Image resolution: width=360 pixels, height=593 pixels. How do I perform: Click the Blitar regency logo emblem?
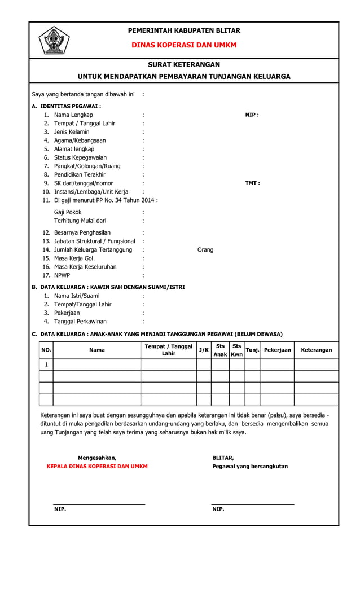pyautogui.click(x=54, y=41)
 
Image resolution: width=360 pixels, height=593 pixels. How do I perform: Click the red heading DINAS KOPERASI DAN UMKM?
pyautogui.click(x=184, y=45)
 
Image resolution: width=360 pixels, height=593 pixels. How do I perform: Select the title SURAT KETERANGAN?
pyautogui.click(x=184, y=65)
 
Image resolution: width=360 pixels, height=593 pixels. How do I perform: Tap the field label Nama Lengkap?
pyautogui.click(x=73, y=115)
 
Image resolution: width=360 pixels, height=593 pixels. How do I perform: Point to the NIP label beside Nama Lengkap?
pyautogui.click(x=252, y=115)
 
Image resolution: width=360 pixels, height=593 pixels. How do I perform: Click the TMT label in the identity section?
pyautogui.click(x=252, y=183)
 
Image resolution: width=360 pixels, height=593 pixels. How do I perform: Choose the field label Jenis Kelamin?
pyautogui.click(x=72, y=132)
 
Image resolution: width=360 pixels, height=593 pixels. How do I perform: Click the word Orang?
pyautogui.click(x=205, y=249)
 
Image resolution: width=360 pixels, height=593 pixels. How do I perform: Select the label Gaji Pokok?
pyautogui.click(x=68, y=212)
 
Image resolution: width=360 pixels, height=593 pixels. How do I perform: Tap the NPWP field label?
pyautogui.click(x=62, y=275)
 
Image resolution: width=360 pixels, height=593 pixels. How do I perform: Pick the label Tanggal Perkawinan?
pyautogui.click(x=80, y=321)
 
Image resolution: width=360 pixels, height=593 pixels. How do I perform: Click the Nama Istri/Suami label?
pyautogui.click(x=77, y=296)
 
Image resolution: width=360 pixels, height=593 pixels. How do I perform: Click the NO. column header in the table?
pyautogui.click(x=46, y=350)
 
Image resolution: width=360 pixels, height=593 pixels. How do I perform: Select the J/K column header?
pyautogui.click(x=204, y=350)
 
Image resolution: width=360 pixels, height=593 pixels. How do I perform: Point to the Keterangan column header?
pyautogui.click(x=316, y=350)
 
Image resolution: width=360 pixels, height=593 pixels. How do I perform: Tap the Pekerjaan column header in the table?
pyautogui.click(x=277, y=350)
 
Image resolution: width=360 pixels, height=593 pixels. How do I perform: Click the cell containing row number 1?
pyautogui.click(x=46, y=364)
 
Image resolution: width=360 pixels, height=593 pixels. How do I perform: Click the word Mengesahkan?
pyautogui.click(x=97, y=458)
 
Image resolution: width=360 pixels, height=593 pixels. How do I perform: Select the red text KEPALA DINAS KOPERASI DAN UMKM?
pyautogui.click(x=97, y=467)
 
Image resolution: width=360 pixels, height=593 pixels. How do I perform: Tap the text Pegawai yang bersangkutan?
pyautogui.click(x=250, y=467)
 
